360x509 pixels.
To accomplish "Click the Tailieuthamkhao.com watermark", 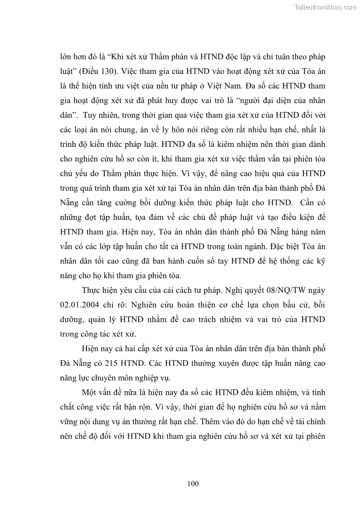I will tap(325, 7).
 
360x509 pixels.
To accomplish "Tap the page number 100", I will tap(193, 484).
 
